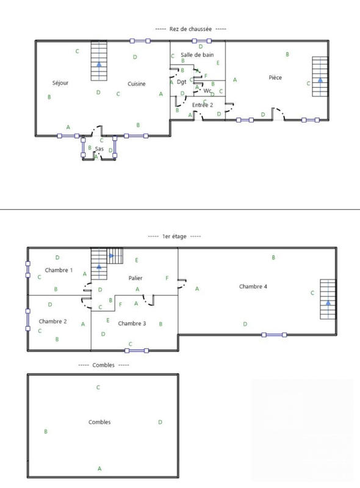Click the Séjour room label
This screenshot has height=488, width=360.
[60, 84]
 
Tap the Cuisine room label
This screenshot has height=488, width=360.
[137, 84]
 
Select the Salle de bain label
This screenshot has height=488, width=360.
[197, 55]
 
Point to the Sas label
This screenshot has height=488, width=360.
[99, 149]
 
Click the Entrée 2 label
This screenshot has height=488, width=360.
[203, 105]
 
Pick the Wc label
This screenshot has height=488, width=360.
[207, 90]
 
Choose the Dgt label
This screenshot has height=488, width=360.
[181, 82]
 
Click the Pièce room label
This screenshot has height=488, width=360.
[275, 77]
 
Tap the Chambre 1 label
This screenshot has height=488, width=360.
[59, 270]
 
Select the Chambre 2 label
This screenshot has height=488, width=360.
[52, 321]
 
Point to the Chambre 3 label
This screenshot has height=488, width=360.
[132, 323]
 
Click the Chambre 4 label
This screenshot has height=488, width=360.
[253, 286]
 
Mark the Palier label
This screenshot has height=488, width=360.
[135, 278]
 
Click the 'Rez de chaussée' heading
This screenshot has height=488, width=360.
[190, 29]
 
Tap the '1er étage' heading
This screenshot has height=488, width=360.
[175, 236]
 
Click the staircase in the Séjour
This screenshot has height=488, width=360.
[99, 60]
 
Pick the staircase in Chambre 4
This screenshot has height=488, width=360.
[328, 300]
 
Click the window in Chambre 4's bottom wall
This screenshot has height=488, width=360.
[274, 334]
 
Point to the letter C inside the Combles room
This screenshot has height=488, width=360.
[98, 387]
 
